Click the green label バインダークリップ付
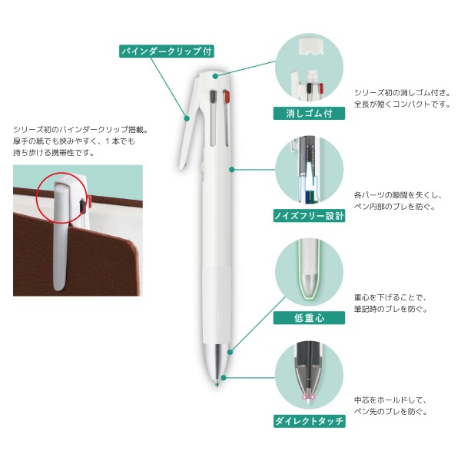[x=167, y=51]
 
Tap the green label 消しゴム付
[x=309, y=113]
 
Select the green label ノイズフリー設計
[x=309, y=216]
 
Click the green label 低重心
[x=309, y=318]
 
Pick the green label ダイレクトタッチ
[x=309, y=421]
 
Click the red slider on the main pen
[x=227, y=97]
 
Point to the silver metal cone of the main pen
[x=217, y=361]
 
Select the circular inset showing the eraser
[x=309, y=67]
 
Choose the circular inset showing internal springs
[x=309, y=170]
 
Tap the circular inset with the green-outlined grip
[x=309, y=272]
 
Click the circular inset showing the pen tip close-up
[x=309, y=375]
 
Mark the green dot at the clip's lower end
[x=187, y=118]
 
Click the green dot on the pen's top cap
[x=215, y=76]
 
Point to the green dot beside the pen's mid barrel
[x=232, y=170]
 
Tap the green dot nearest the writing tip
[x=224, y=378]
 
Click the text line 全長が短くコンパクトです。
[x=402, y=104]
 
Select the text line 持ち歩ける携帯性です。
[x=54, y=153]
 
